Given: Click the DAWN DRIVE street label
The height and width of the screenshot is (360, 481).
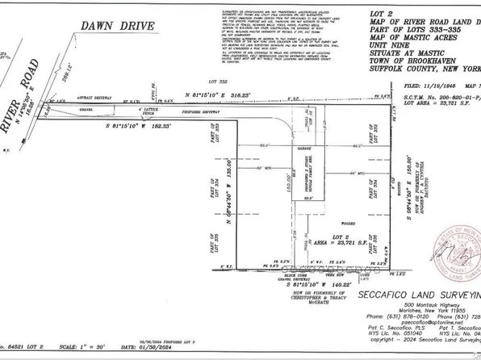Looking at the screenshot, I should point(111,27).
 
